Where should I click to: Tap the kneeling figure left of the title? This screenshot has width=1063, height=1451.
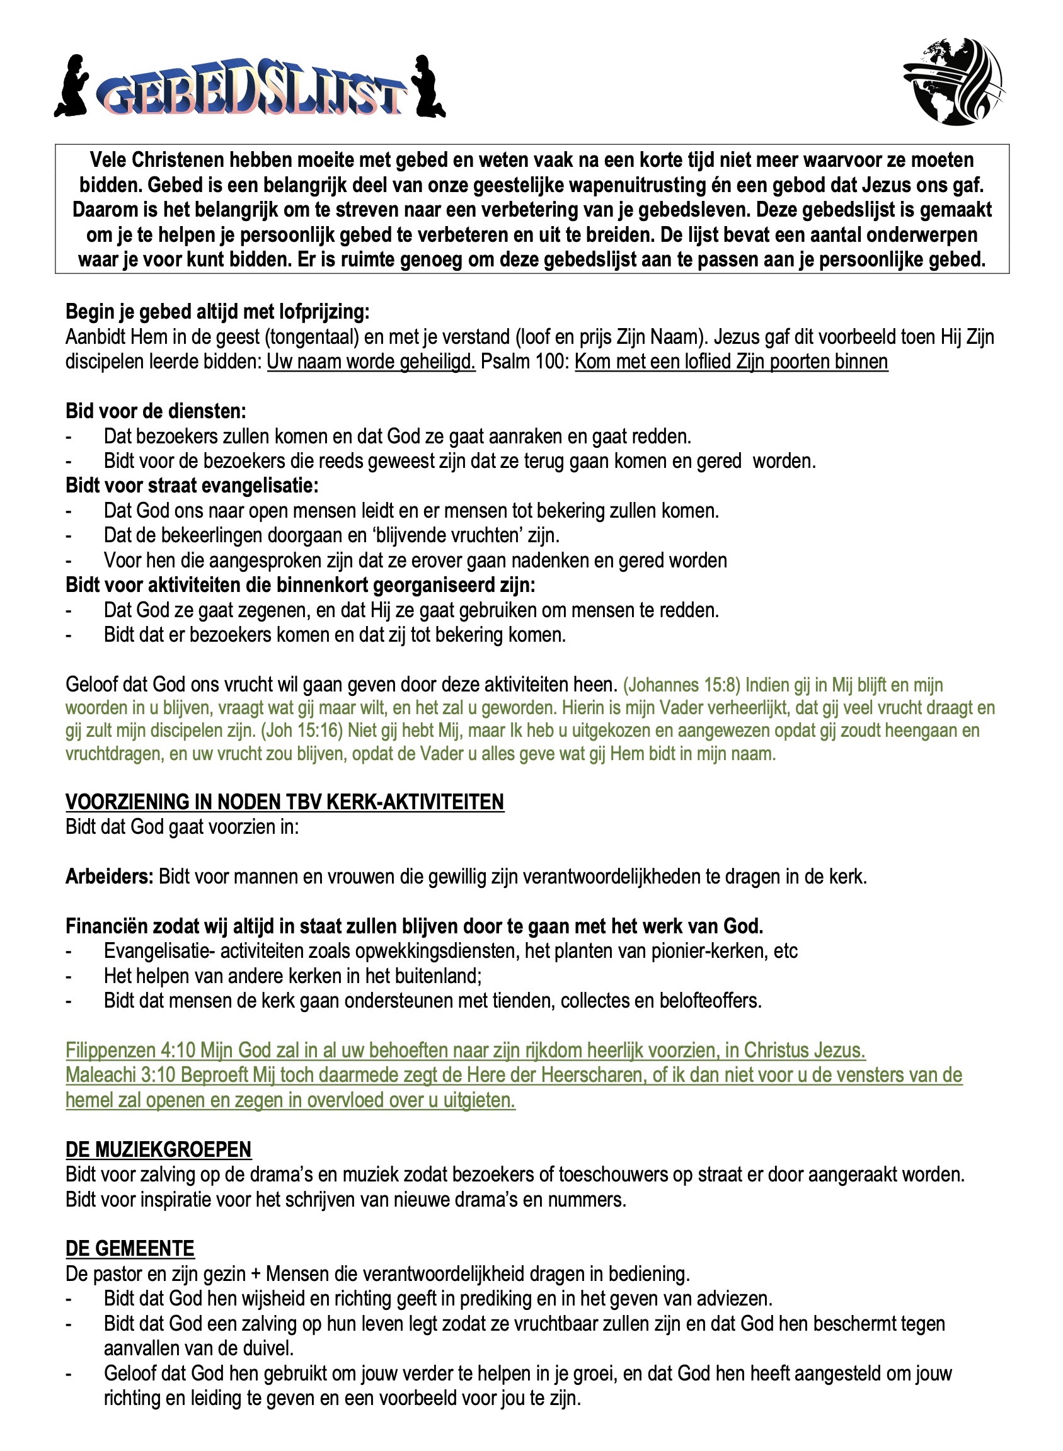tap(72, 87)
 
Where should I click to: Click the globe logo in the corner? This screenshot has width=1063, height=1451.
tap(955, 81)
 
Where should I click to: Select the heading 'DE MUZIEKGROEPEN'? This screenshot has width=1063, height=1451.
tap(158, 1149)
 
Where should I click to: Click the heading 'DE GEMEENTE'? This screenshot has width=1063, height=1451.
tap(130, 1248)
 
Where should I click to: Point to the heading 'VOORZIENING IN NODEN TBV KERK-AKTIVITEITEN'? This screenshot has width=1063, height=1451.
tap(284, 802)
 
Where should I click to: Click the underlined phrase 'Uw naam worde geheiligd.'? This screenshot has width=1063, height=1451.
tap(371, 362)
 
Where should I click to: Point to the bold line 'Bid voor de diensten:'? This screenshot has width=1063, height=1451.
tap(156, 411)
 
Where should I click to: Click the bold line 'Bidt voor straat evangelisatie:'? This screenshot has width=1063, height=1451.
tap(192, 486)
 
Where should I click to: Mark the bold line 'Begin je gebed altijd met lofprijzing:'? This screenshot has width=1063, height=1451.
tap(217, 312)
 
